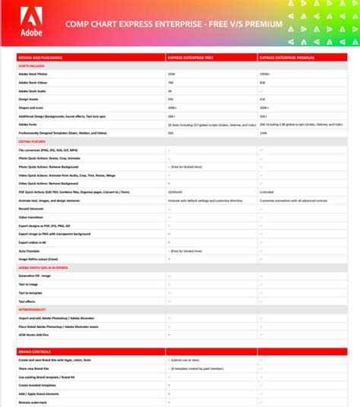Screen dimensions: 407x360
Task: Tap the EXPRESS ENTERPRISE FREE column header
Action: coord(190,56)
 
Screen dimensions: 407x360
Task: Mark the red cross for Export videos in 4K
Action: coord(169,241)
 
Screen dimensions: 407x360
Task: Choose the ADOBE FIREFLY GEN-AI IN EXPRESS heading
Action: coord(44,267)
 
